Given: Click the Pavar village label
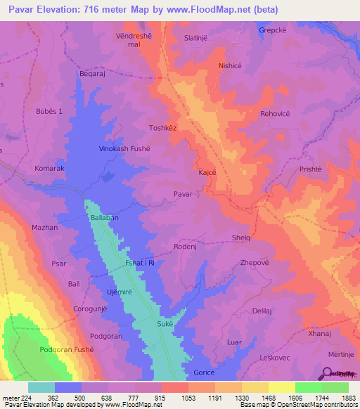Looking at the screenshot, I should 183,193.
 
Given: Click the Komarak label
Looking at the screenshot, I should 50,169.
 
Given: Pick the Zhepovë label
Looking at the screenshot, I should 255,262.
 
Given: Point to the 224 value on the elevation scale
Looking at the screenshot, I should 20,397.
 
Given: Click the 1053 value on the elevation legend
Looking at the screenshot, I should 188,397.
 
